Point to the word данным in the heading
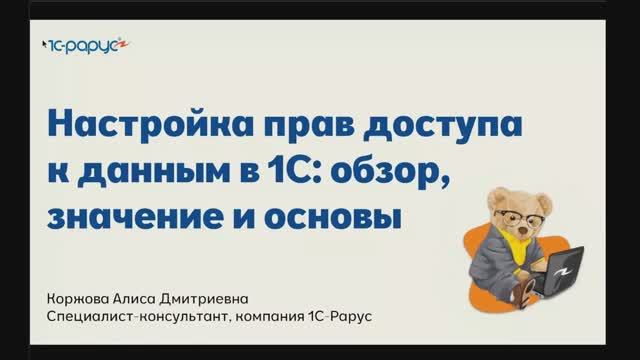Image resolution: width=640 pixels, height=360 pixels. coord(150,172)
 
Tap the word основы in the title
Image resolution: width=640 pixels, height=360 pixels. coord(335,216)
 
